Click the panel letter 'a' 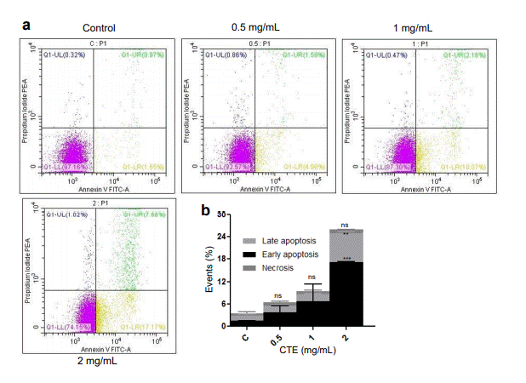pyautogui.click(x=26, y=25)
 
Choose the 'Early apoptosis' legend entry pyautogui.click(x=272, y=254)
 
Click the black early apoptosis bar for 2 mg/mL pyautogui.click(x=346, y=293)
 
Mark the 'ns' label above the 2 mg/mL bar pyautogui.click(x=346, y=225)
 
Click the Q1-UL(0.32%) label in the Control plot pyautogui.click(x=65, y=55)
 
